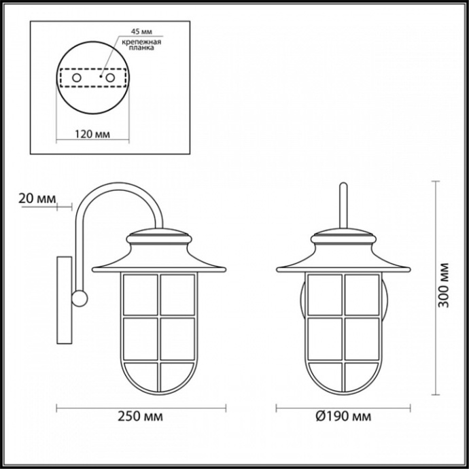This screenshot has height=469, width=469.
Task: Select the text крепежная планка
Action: [x=141, y=46]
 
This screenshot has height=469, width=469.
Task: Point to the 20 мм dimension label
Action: [x=37, y=198]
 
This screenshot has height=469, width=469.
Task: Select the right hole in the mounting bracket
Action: [x=108, y=79]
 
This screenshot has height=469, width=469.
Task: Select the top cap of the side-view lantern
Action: [x=158, y=239]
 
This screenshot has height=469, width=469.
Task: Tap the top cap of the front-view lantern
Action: [x=344, y=239]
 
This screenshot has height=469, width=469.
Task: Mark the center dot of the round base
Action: [x=100, y=77]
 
